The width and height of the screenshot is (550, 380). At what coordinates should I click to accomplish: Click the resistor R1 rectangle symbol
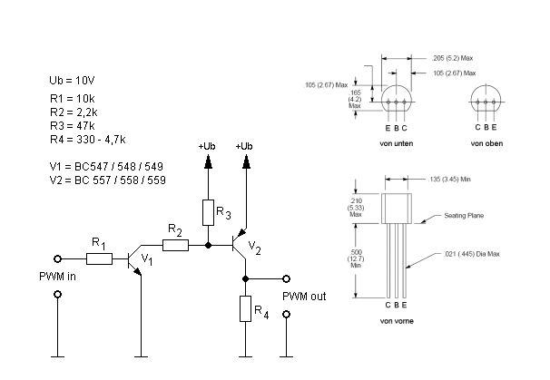(99, 259)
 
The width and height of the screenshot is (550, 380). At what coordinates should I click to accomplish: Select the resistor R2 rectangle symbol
(175, 246)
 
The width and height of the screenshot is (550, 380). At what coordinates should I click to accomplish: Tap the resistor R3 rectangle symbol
(209, 213)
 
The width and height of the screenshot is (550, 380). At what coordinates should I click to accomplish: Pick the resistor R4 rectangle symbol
(246, 309)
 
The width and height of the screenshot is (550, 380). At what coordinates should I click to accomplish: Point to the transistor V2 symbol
(240, 244)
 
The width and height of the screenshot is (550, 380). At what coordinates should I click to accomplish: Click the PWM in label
(57, 277)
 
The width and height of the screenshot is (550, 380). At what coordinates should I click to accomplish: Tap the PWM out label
(304, 297)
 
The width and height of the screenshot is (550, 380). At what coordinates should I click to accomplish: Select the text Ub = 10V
(72, 81)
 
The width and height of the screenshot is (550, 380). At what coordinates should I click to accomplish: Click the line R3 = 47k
(73, 126)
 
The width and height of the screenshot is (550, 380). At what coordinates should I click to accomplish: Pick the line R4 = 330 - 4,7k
(88, 140)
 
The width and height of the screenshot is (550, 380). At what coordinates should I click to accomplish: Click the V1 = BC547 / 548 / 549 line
(106, 167)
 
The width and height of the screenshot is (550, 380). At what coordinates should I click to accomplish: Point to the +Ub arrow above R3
(209, 162)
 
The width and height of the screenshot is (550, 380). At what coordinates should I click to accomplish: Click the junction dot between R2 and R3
(209, 246)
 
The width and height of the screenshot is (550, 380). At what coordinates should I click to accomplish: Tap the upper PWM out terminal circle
(287, 279)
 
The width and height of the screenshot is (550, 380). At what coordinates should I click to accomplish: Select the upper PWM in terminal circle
(58, 259)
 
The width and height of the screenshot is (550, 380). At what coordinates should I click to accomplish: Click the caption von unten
(397, 143)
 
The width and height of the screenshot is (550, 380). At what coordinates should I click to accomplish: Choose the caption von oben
(486, 143)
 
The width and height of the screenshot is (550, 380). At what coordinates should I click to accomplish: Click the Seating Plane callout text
(464, 216)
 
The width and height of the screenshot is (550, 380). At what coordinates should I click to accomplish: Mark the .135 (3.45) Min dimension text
(449, 180)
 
